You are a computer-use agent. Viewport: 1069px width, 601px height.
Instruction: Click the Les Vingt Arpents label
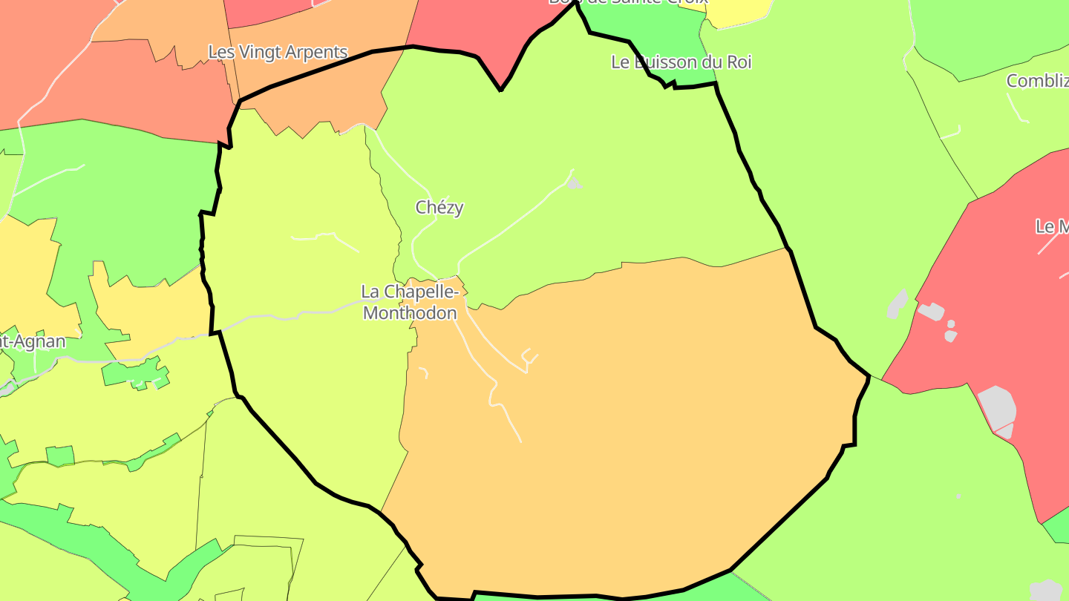coord(278,53)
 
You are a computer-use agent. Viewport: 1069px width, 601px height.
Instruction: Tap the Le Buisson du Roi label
coord(681,62)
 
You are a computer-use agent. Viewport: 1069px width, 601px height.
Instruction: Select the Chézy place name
coord(439,208)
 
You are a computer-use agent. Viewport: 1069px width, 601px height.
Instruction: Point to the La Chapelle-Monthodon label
coord(409,303)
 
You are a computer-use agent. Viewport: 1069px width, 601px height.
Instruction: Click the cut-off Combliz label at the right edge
coord(1037,81)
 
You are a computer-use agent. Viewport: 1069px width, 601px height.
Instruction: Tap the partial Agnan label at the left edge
coord(33,342)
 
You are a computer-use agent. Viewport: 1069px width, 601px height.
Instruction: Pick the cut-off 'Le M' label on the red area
coord(1051,227)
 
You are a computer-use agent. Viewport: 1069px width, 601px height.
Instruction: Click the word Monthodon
coord(410,313)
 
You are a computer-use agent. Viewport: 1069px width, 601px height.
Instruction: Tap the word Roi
coord(739,62)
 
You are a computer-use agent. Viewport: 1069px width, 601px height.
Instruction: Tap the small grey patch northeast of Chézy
coord(573,183)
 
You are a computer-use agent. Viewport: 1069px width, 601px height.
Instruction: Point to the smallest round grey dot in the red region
coord(951,324)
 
